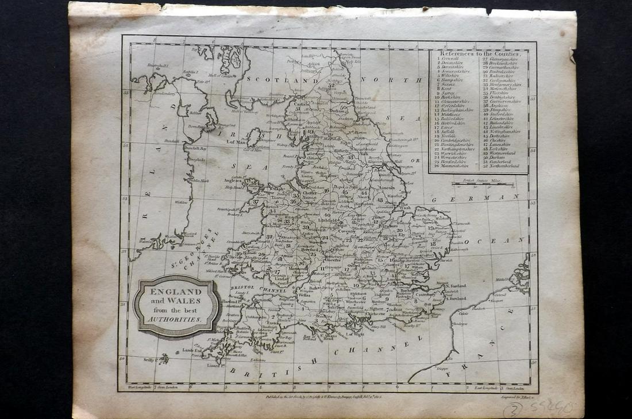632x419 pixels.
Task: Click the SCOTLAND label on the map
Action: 275,81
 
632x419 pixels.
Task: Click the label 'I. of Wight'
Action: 354,334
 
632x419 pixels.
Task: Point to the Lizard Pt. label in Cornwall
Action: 214,365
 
